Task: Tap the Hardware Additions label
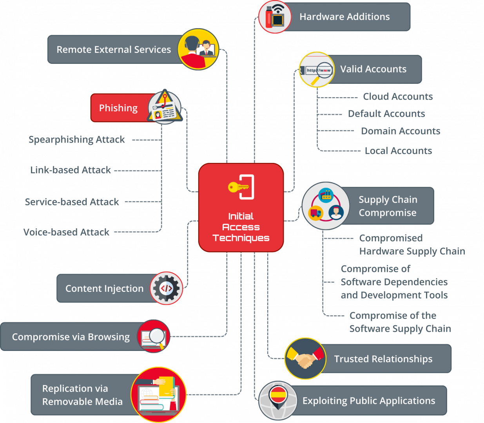[x=344, y=17]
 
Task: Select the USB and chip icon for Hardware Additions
[x=275, y=16]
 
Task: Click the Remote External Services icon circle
[x=198, y=49]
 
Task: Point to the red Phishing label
[x=118, y=108]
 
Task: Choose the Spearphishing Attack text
[x=77, y=140]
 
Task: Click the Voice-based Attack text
[x=67, y=232]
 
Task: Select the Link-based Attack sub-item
[x=71, y=170]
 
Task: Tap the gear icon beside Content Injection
[x=167, y=288]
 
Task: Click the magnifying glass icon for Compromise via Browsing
[x=154, y=336]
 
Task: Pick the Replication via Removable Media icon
[x=158, y=395]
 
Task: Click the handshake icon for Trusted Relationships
[x=305, y=359]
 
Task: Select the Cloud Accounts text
[x=398, y=97]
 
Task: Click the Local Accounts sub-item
[x=398, y=151]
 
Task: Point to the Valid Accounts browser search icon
[x=317, y=70]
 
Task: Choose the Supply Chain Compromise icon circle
[x=325, y=206]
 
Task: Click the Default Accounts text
[x=386, y=114]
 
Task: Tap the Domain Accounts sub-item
[x=401, y=131]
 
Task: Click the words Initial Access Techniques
[x=241, y=227]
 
